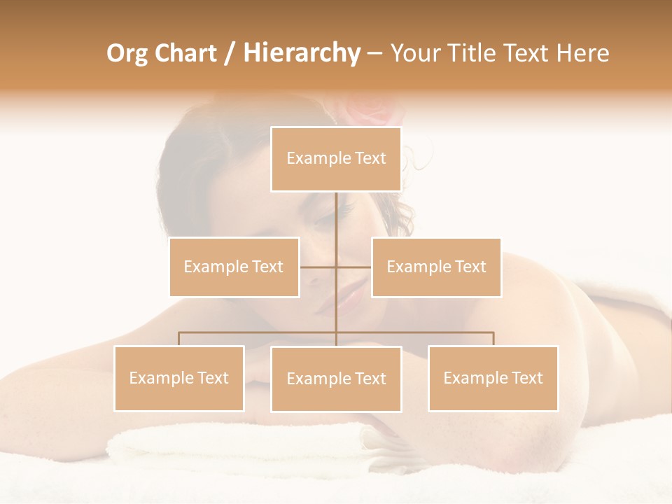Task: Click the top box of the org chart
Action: click(x=336, y=159)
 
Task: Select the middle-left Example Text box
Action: click(x=234, y=267)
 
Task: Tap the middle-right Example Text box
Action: click(x=436, y=267)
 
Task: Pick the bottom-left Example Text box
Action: click(x=179, y=378)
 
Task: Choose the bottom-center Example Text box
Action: click(x=336, y=379)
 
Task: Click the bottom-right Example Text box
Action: click(x=493, y=378)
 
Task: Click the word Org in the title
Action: click(x=126, y=53)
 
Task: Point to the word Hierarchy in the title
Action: click(x=302, y=53)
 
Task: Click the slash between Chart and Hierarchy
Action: click(x=230, y=53)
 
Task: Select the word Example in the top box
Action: click(x=312, y=159)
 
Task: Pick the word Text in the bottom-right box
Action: click(x=527, y=378)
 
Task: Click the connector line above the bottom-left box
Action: click(x=179, y=339)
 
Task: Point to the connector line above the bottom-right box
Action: click(x=493, y=339)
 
